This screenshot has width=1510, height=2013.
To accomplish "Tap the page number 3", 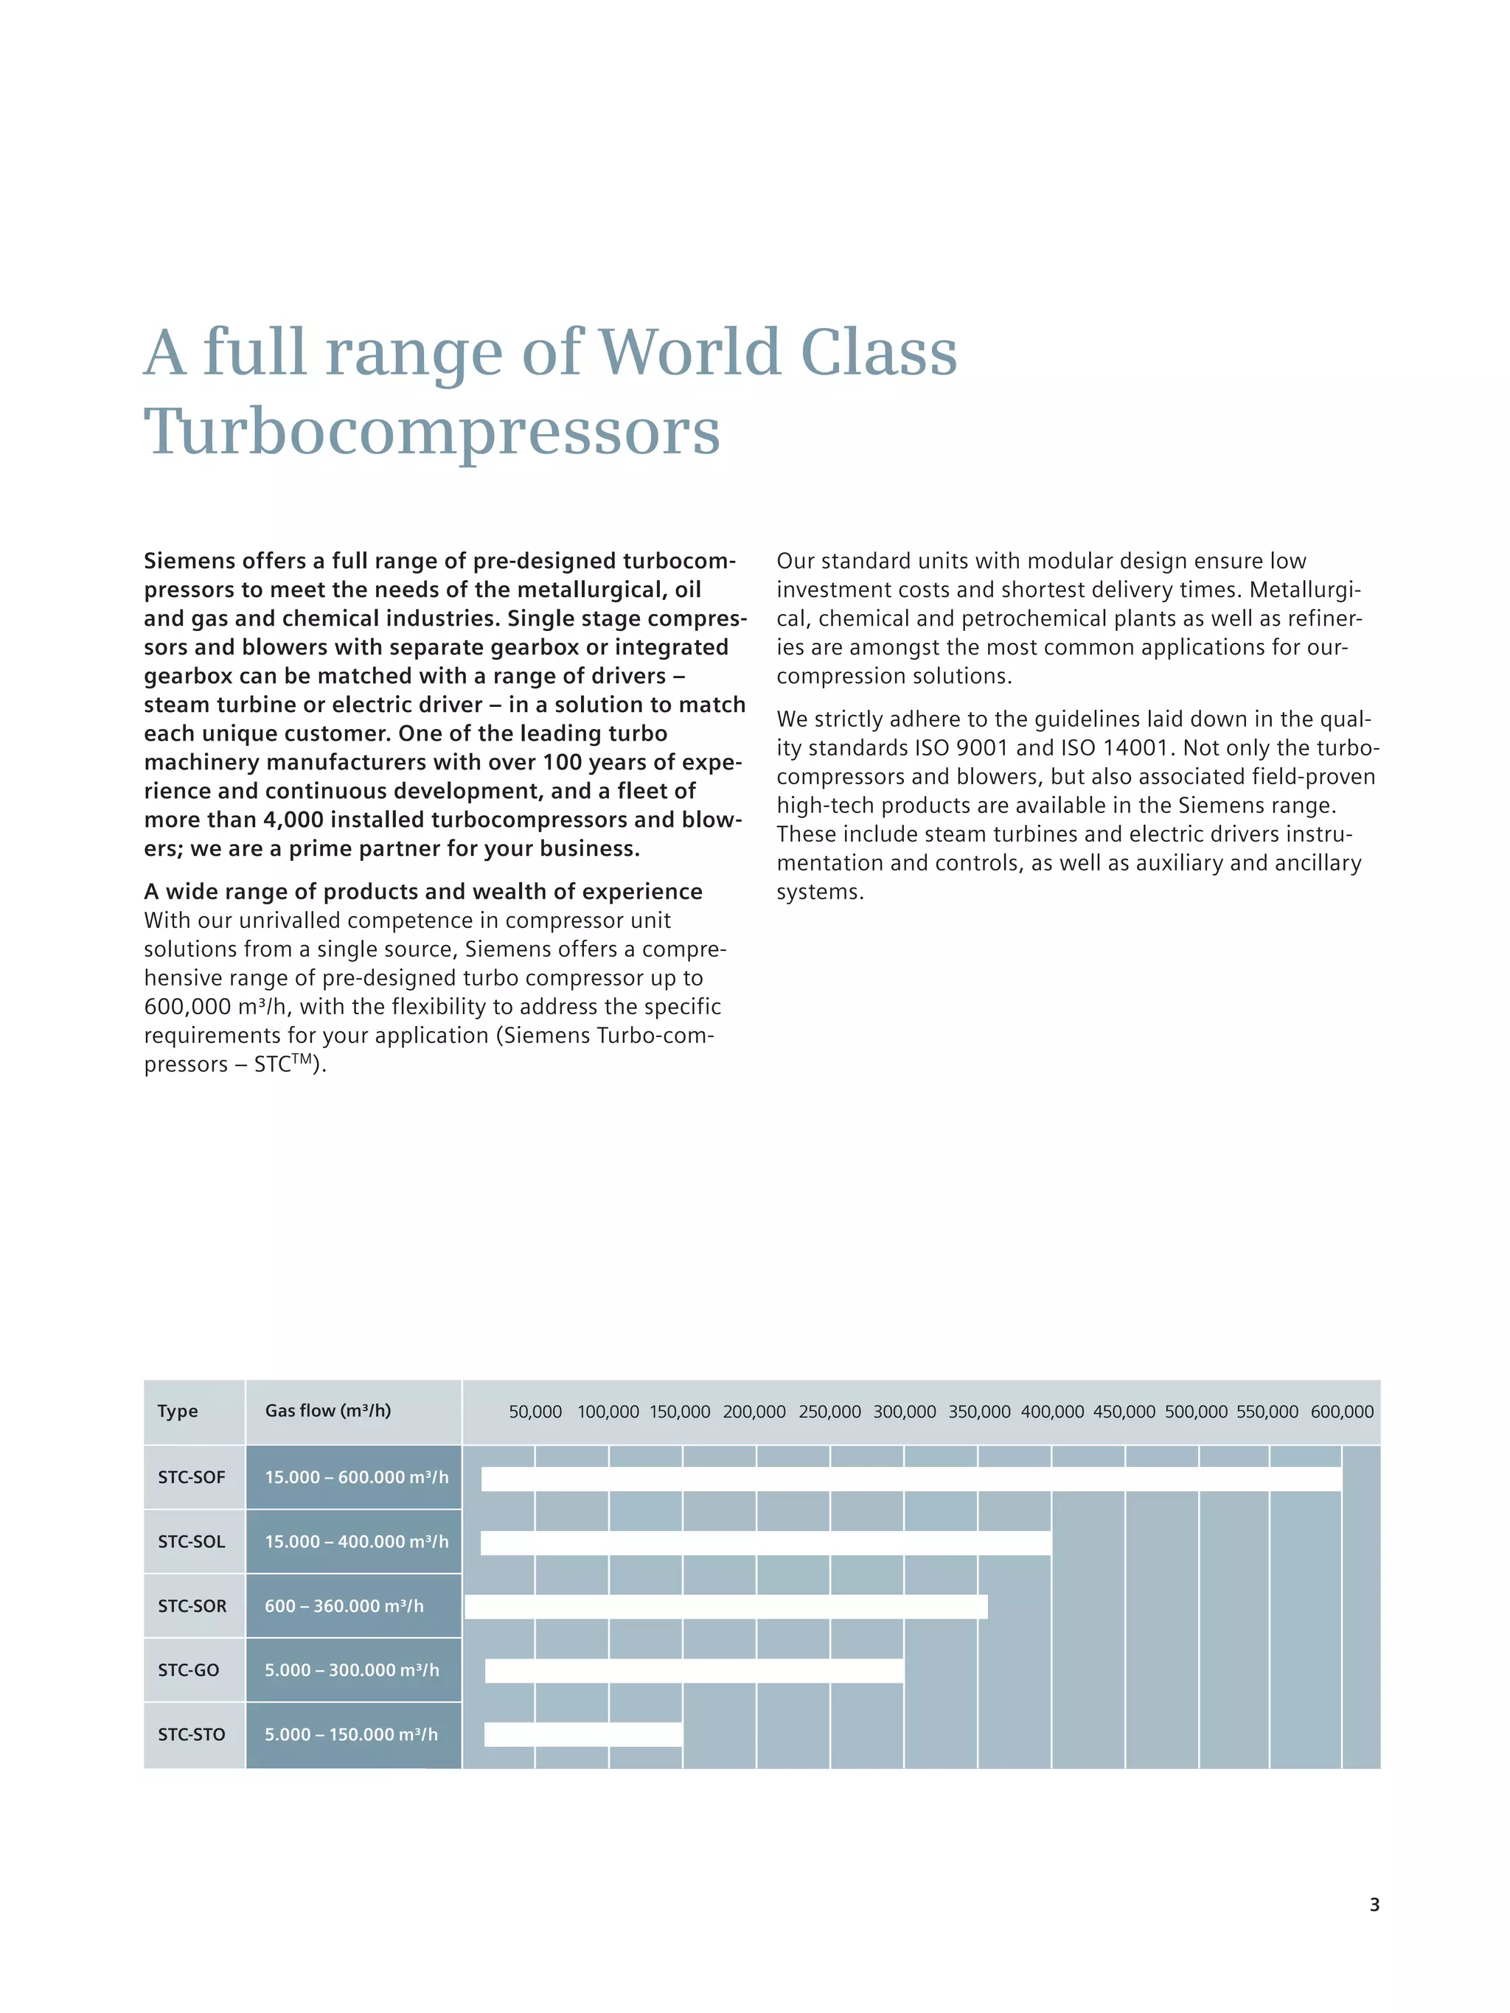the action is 1374,1905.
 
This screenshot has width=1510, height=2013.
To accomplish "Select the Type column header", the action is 178,1412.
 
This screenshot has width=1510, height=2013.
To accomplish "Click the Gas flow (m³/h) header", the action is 327,1411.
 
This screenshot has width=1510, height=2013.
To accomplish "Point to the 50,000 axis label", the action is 535,1412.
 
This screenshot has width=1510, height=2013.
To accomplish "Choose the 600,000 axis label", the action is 1343,1412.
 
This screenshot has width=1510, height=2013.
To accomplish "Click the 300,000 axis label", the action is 905,1412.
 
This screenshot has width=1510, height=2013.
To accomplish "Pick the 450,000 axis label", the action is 1124,1412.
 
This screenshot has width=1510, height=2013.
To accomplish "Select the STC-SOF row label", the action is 191,1478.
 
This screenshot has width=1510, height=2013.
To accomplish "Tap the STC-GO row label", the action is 189,1671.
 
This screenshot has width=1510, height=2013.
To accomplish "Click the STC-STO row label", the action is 191,1734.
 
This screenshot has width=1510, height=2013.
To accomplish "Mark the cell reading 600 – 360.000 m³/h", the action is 344,1606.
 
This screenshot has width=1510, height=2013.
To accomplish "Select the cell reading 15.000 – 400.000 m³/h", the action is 357,1541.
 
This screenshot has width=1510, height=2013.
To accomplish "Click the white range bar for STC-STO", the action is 583,1734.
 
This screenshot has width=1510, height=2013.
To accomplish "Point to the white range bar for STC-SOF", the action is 911,1479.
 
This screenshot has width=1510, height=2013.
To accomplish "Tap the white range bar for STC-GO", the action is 695,1671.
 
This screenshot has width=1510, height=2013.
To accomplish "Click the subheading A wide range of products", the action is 423,892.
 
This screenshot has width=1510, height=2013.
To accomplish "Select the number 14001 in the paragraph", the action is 1134,748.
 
